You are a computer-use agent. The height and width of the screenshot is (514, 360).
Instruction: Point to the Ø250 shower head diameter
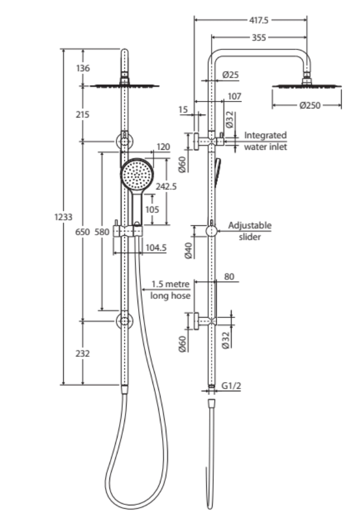click(309, 106)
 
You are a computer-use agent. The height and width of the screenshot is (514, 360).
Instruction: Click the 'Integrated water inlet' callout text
click(265, 141)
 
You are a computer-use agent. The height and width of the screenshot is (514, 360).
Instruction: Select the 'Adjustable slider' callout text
click(249, 231)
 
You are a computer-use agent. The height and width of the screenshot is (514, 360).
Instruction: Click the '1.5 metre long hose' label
click(170, 290)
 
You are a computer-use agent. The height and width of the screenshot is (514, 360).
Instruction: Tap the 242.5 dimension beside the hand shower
click(166, 186)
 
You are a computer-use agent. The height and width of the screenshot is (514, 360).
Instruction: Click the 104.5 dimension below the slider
click(156, 248)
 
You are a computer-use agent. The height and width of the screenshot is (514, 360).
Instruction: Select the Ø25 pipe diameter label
click(230, 75)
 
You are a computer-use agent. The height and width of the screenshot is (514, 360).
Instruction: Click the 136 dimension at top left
click(83, 69)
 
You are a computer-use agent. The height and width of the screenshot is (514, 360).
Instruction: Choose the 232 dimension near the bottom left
click(83, 353)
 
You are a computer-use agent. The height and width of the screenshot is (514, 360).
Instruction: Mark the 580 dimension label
click(101, 232)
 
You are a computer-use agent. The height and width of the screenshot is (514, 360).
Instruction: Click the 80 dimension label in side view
click(229, 277)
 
